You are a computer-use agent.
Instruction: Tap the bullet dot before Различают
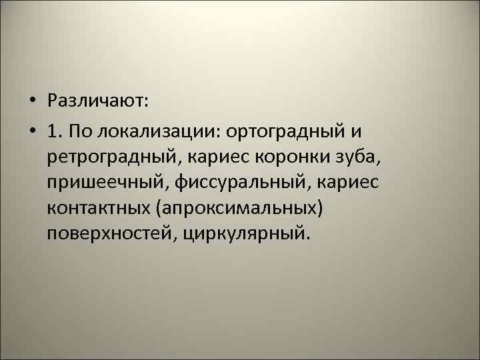[x=32, y=101]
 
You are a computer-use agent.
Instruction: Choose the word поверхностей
[x=107, y=234]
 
